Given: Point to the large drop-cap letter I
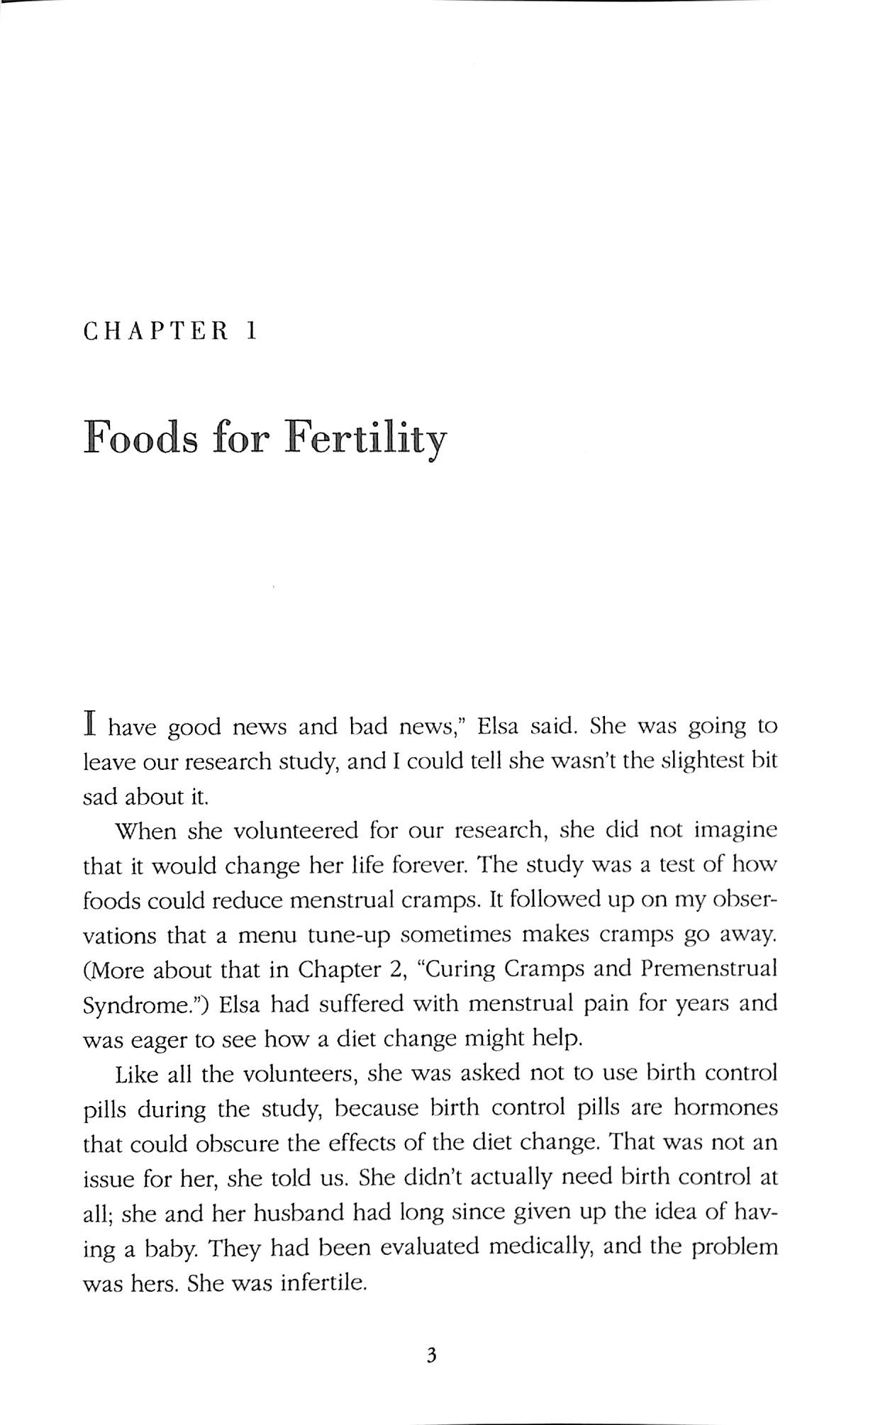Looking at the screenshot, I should click(x=90, y=726).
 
